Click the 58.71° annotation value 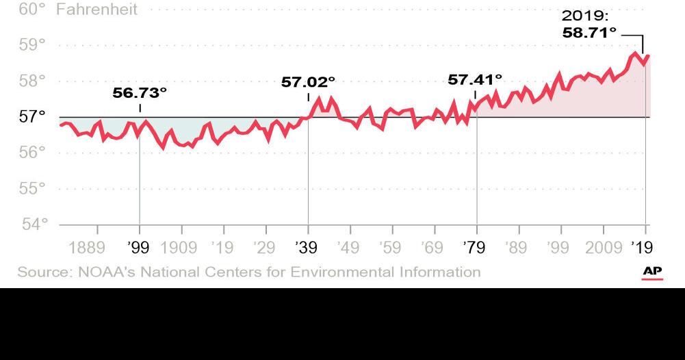[x=589, y=32]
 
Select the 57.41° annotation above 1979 [x=475, y=79]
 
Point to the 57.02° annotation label [x=309, y=82]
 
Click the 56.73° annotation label [x=140, y=92]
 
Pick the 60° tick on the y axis [x=32, y=9]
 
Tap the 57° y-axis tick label [x=32, y=116]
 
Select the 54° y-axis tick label [x=32, y=224]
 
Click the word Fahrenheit [x=96, y=9]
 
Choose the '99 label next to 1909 [x=140, y=247]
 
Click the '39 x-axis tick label [x=308, y=247]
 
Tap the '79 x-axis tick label [x=476, y=247]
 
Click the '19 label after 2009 [x=642, y=247]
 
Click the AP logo [x=652, y=272]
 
